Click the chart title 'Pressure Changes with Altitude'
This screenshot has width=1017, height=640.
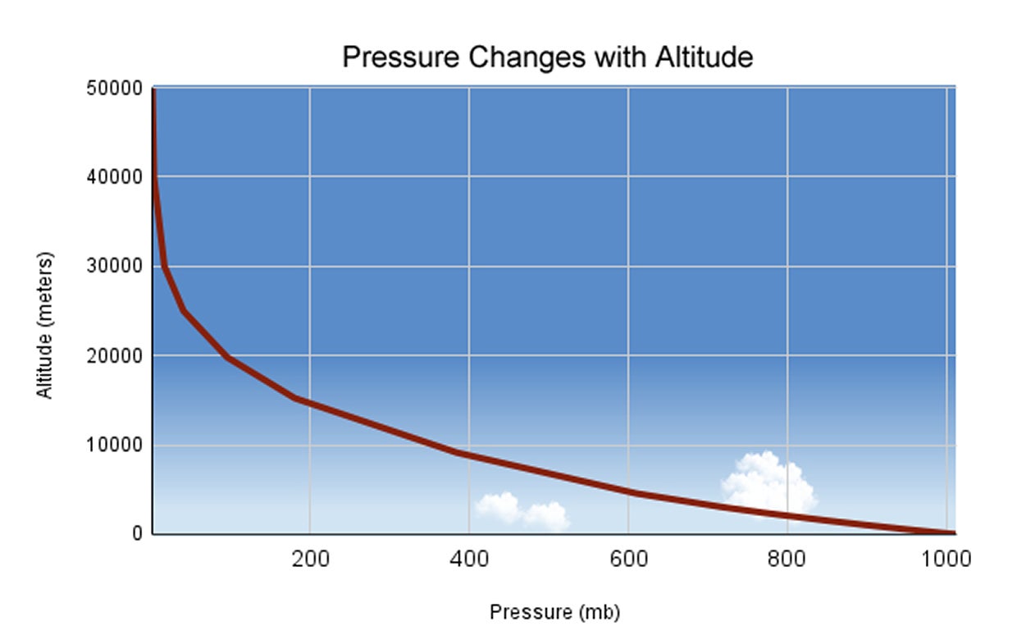pyautogui.click(x=547, y=57)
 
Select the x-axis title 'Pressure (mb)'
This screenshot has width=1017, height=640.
pyautogui.click(x=554, y=612)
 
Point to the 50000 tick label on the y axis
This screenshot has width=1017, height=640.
pyautogui.click(x=113, y=89)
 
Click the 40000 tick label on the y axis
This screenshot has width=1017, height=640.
pyautogui.click(x=113, y=177)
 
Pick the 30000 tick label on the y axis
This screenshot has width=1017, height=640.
pyautogui.click(x=113, y=267)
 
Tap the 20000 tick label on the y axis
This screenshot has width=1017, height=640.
pyautogui.click(x=113, y=356)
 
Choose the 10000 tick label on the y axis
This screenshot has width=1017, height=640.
pyautogui.click(x=113, y=446)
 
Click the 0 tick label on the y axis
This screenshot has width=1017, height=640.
pyautogui.click(x=137, y=534)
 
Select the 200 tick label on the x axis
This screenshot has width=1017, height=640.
pyautogui.click(x=310, y=560)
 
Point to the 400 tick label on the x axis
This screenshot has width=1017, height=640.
pyautogui.click(x=469, y=560)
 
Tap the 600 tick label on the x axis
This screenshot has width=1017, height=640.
pyautogui.click(x=628, y=560)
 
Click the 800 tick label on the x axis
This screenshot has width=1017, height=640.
pyautogui.click(x=787, y=560)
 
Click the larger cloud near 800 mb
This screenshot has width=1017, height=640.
pyautogui.click(x=768, y=482)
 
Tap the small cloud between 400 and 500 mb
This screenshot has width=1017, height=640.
pyautogui.click(x=522, y=510)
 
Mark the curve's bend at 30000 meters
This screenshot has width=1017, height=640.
pyautogui.click(x=165, y=267)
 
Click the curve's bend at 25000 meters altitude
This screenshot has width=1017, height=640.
pyautogui.click(x=185, y=311)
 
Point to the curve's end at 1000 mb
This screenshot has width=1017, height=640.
pyautogui.click(x=950, y=533)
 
